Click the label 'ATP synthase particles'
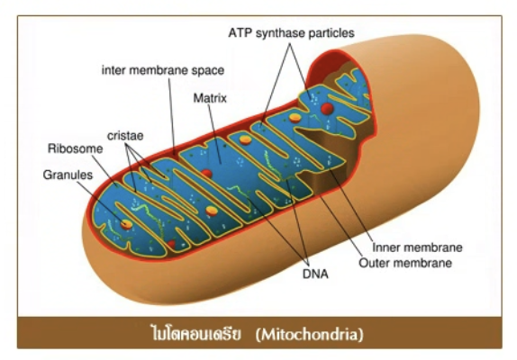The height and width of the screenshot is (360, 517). [x=292, y=33]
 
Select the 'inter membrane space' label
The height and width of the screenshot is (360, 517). [x=163, y=70]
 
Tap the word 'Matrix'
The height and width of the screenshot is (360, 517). [x=210, y=98]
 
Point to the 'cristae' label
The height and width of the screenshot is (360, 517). [x=125, y=135]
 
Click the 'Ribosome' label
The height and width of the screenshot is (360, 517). [x=75, y=148]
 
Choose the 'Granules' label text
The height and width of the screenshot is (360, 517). [x=68, y=175]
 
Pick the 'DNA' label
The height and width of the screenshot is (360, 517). [x=315, y=274]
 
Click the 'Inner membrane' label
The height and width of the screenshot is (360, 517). [x=417, y=247]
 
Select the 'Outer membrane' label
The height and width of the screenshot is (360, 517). [x=405, y=263]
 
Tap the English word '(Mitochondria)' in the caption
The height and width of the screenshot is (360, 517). [x=310, y=334]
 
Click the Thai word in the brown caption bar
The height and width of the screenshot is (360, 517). [x=195, y=334]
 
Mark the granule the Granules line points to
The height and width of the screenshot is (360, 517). [x=126, y=224]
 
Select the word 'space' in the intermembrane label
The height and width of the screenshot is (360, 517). [x=209, y=71]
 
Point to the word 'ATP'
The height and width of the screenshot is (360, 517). [x=240, y=33]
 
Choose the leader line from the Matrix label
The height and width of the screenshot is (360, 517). [x=214, y=134]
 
